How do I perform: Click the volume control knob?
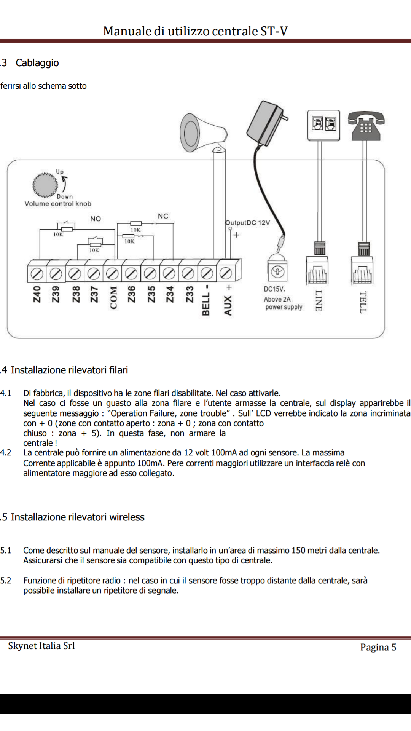tap(45, 185)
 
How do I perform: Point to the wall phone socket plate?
tap(323, 125)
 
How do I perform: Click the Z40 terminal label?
tap(37, 294)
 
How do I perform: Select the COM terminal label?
tap(113, 297)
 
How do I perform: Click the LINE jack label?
tap(319, 301)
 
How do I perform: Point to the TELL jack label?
tap(363, 302)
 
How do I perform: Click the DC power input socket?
tap(277, 271)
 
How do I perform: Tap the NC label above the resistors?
tap(163, 216)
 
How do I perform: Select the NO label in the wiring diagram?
tap(96, 219)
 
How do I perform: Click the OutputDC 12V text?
tap(248, 223)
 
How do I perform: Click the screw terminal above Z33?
tap(188, 273)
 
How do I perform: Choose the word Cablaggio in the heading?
tap(37, 63)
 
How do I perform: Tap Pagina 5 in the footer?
tap(378, 647)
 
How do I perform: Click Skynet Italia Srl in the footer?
tap(41, 646)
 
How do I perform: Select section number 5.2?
tap(6, 581)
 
